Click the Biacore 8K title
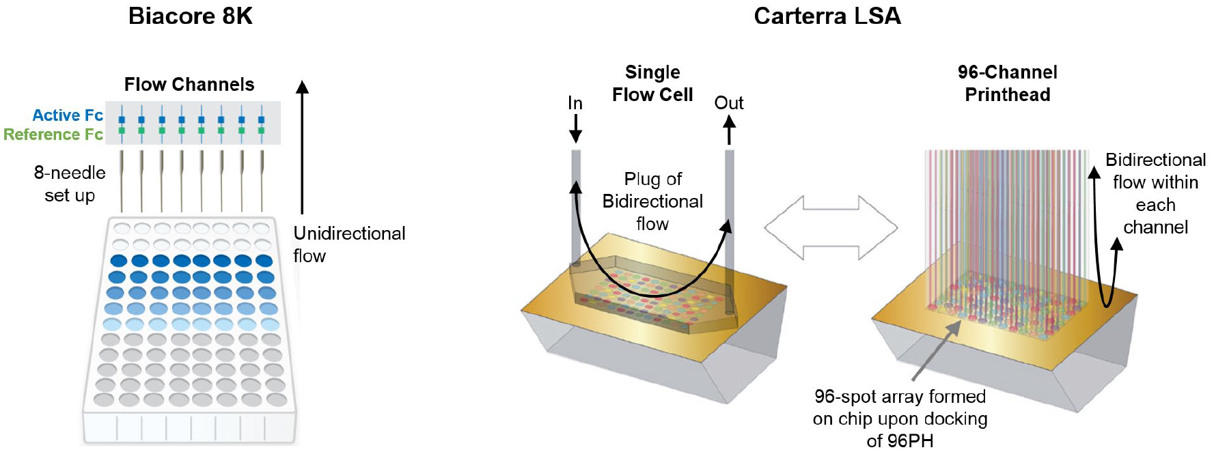pos(191,16)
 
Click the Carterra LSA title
pos(827,16)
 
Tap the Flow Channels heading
pos(189,85)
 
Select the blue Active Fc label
pos(68,115)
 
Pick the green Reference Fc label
pos(53,135)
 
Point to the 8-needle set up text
pos(70,184)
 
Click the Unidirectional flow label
pos(349,244)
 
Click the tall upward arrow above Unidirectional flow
pos(302,147)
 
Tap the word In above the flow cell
pos(575,103)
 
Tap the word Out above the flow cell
pos(729,103)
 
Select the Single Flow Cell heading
pos(652,83)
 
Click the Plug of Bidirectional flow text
pos(652,201)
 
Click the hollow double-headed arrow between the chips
pos(830,228)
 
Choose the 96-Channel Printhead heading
pos(1008,83)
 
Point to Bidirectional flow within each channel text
pos(1156,193)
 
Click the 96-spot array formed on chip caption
pos(900,419)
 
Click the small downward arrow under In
pos(575,128)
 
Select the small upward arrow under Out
pos(729,130)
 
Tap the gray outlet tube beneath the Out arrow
pos(730,232)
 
